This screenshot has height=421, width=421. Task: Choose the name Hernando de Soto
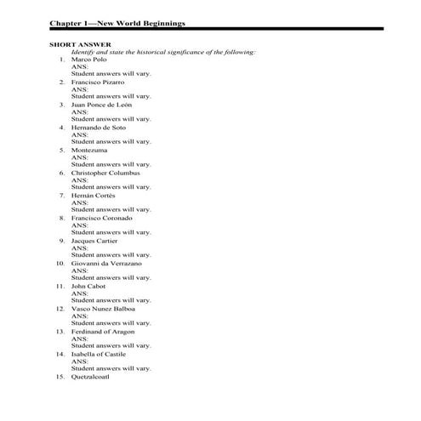pyautogui.click(x=100, y=128)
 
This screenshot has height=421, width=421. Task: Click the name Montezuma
pyautogui.click(x=90, y=150)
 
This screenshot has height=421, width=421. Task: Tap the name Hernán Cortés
pyautogui.click(x=93, y=196)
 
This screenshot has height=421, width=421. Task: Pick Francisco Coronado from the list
pyautogui.click(x=101, y=218)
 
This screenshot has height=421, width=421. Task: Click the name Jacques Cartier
pyautogui.click(x=94, y=241)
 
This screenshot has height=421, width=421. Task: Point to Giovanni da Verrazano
pyautogui.click(x=106, y=264)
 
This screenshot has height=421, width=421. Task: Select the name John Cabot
pyautogui.click(x=88, y=286)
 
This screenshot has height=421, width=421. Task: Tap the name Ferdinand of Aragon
pyautogui.click(x=103, y=331)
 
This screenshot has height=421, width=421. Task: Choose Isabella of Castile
pyautogui.click(x=98, y=353)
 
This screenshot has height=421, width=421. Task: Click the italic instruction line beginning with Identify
pyautogui.click(x=163, y=52)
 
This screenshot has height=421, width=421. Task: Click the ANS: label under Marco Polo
pyautogui.click(x=79, y=67)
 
